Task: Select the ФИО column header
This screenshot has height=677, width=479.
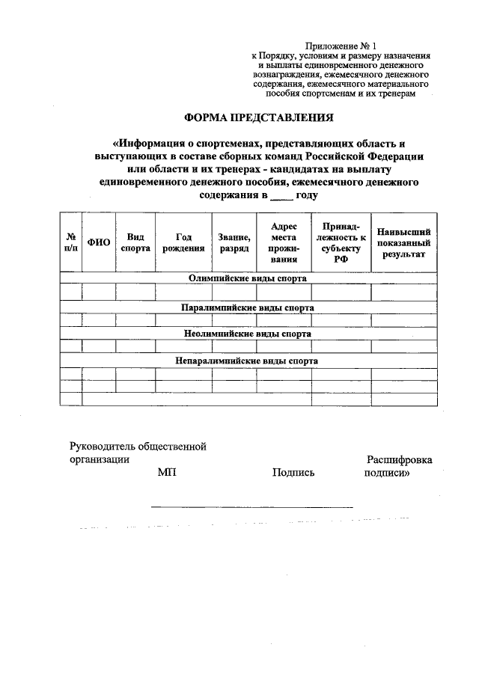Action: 99,242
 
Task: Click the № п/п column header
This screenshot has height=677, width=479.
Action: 71,242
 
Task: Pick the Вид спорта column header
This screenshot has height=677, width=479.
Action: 135,242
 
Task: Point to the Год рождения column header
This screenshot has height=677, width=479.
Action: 183,242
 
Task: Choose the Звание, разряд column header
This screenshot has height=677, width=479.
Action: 234,242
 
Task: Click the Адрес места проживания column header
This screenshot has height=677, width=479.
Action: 284,242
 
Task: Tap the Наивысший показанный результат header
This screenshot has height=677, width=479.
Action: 403,242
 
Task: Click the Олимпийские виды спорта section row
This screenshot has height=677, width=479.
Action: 248,278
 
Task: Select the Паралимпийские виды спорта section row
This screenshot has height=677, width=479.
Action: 248,307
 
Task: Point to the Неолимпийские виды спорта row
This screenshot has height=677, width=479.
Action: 248,334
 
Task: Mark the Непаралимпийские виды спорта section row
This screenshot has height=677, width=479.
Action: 248,361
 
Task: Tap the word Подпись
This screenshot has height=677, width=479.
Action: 293,473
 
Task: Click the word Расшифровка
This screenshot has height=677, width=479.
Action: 399,460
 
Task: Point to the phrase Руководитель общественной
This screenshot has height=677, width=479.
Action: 138,447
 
